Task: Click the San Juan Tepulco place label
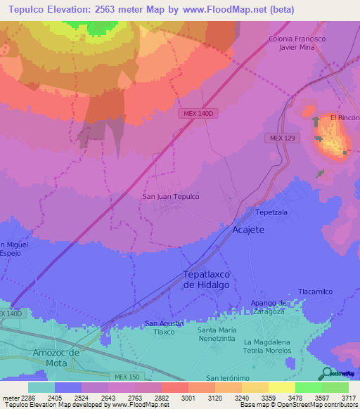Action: (171, 197)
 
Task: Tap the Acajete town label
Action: (248, 230)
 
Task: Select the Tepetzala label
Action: (272, 212)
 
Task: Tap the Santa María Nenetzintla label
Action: (226, 334)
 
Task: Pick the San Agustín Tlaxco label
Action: (164, 327)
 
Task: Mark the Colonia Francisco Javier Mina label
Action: (297, 44)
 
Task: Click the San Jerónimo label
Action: (228, 377)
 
